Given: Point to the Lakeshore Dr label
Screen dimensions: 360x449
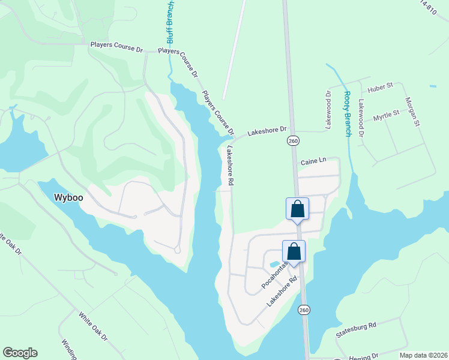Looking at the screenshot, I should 268,130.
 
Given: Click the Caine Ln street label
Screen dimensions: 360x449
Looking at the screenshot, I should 313,161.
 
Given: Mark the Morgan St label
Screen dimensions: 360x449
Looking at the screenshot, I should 411,111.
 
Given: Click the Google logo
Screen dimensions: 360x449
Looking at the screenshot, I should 20,353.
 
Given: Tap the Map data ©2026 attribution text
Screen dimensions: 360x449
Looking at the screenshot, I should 424,355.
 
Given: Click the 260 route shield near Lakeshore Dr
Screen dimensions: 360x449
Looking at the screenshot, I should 292,140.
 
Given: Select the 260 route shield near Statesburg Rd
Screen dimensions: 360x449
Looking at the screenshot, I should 305,310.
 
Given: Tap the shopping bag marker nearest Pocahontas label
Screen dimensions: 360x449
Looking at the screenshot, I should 294,251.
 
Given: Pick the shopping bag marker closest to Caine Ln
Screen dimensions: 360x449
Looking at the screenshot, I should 297,209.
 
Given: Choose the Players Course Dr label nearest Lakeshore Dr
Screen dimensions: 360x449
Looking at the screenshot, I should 218,113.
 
